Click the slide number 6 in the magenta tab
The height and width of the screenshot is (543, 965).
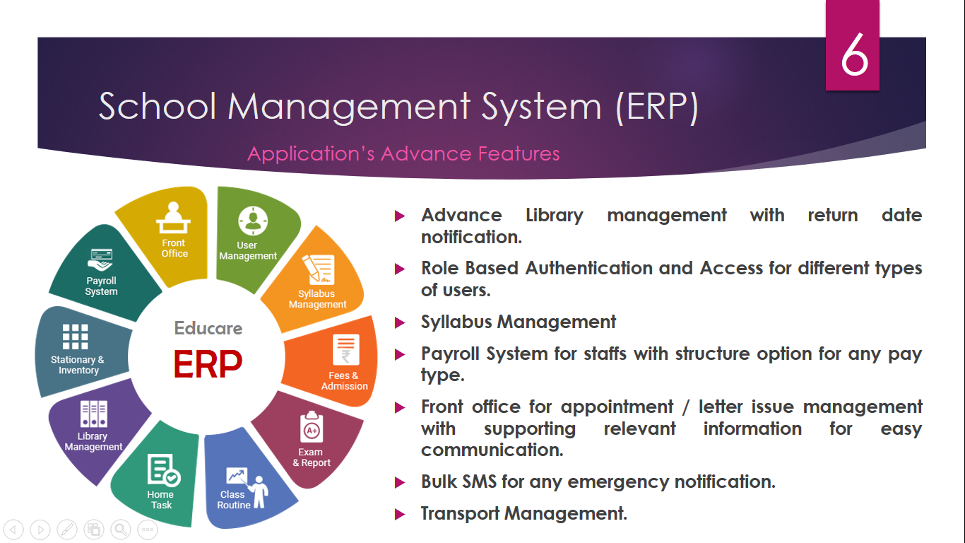pyautogui.click(x=854, y=54)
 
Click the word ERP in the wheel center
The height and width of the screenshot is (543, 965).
pyautogui.click(x=208, y=364)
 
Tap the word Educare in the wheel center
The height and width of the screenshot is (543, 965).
pyautogui.click(x=208, y=328)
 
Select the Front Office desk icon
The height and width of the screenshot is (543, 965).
pyautogui.click(x=173, y=218)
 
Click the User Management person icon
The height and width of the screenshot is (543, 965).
pyautogui.click(x=253, y=221)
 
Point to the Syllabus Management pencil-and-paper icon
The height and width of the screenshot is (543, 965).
pyautogui.click(x=319, y=269)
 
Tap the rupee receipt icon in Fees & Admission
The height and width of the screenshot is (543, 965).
pyautogui.click(x=346, y=350)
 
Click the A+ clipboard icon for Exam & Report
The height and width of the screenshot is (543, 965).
pyautogui.click(x=312, y=426)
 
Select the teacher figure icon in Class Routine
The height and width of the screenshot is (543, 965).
pyautogui.click(x=260, y=492)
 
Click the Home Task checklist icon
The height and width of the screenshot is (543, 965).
pyautogui.click(x=163, y=469)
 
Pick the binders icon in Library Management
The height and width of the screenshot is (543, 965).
pyautogui.click(x=93, y=414)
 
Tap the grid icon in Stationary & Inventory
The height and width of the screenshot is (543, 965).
pyautogui.click(x=76, y=337)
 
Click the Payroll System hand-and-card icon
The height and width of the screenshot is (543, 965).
pyautogui.click(x=101, y=260)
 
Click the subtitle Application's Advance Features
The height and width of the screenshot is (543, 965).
pyautogui.click(x=403, y=154)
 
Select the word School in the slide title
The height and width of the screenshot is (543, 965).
pyautogui.click(x=158, y=106)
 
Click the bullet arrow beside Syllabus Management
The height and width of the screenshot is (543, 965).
pyautogui.click(x=400, y=322)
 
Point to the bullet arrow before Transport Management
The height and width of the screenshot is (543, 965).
pyautogui.click(x=400, y=514)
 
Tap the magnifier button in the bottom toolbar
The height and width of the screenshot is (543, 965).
pyautogui.click(x=121, y=529)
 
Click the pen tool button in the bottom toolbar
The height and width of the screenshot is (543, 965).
pyautogui.click(x=67, y=529)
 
